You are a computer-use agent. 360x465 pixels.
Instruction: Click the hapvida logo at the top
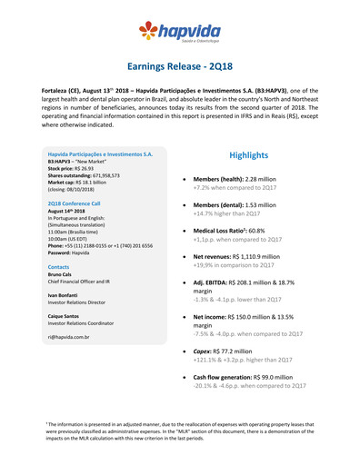point(179,34)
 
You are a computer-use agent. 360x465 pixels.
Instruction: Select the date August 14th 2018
point(69,213)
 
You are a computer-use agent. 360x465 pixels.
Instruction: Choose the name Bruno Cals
point(62,276)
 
